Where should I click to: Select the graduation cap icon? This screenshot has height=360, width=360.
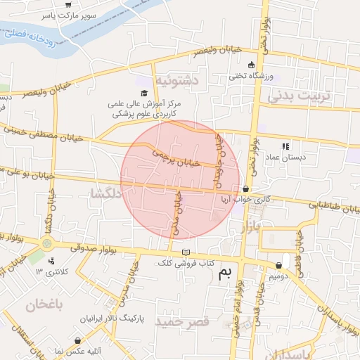144,94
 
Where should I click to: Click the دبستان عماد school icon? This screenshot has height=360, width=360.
285,146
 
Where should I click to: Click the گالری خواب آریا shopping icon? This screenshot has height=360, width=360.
245,188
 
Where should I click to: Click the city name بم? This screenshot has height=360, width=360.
224,273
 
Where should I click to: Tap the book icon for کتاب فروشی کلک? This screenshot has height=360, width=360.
186,252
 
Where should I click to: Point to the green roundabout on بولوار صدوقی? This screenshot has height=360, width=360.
47,243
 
